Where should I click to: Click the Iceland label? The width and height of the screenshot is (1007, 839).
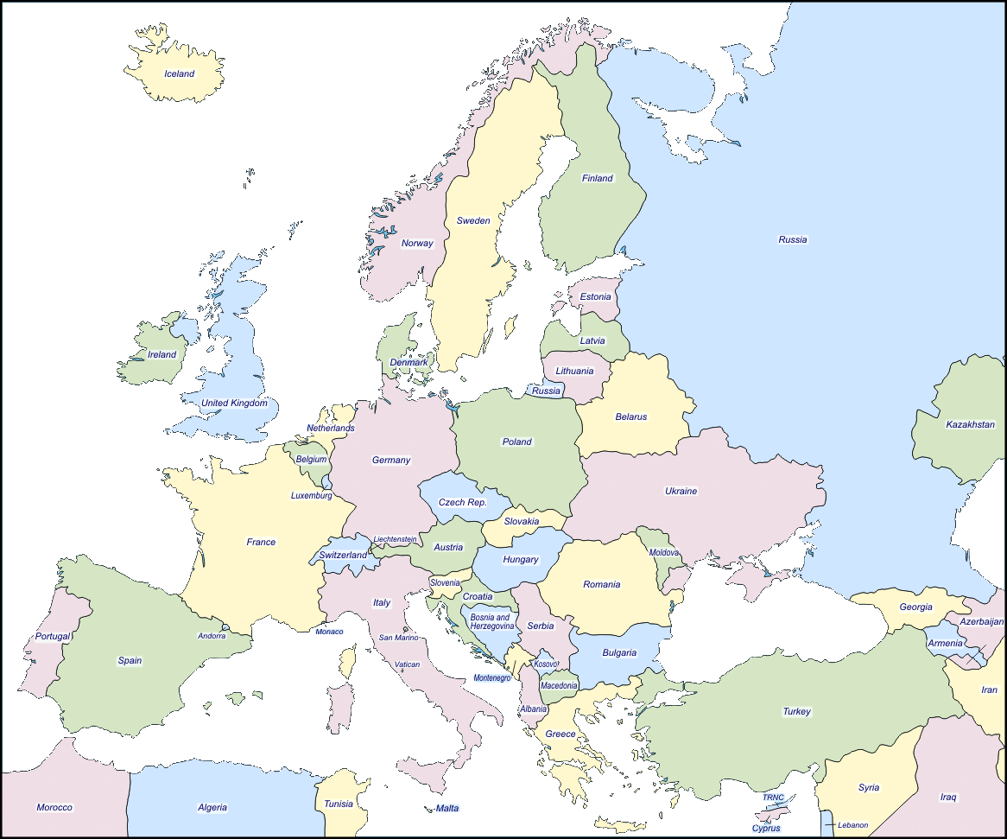point(180,74)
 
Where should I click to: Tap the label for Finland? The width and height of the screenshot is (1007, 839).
point(597,179)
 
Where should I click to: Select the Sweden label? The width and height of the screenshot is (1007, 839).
point(473,220)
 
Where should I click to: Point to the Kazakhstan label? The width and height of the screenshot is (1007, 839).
point(970,424)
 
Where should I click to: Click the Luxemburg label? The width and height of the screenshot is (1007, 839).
point(311,496)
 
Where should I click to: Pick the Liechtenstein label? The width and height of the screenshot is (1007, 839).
point(395,539)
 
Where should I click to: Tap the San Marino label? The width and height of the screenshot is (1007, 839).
point(399,638)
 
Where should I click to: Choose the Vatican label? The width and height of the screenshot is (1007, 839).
point(407,664)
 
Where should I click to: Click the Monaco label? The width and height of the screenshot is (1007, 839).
point(329,632)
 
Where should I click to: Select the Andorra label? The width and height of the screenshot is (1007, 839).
point(212,636)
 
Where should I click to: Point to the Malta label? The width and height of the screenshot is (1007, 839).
point(447,808)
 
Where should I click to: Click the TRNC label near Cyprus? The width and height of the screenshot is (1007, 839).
point(773,798)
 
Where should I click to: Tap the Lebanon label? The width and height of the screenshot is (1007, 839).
point(852,825)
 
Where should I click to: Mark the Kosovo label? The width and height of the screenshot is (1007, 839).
point(546,664)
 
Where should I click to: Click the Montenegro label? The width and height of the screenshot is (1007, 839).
point(492,678)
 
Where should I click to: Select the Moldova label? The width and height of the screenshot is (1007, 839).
point(664,552)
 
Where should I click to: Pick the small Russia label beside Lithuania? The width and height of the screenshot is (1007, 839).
point(546,391)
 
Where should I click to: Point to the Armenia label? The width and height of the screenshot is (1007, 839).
point(945,644)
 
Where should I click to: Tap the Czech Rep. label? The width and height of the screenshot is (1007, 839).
point(462,502)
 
